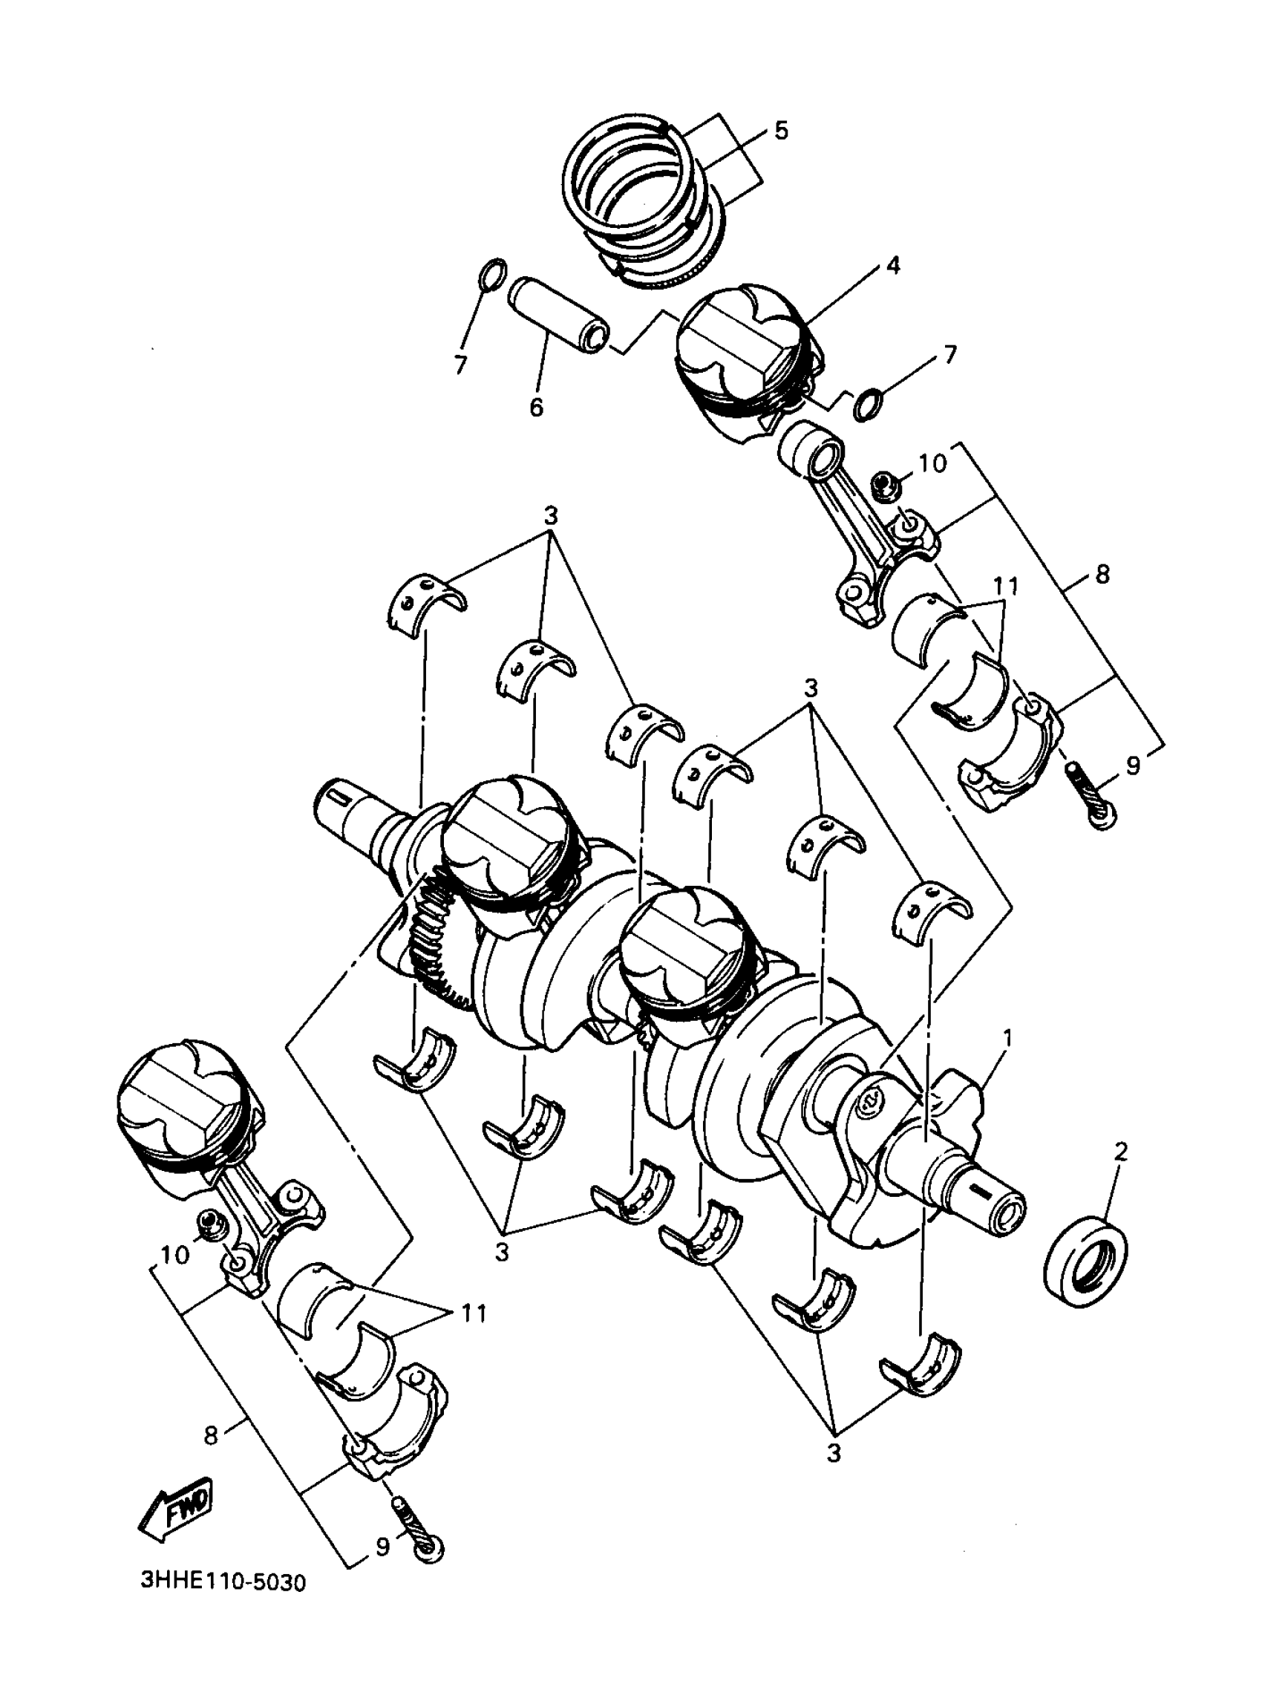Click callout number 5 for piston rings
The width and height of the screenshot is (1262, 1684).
point(782,130)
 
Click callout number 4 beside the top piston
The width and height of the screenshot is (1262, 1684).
point(892,266)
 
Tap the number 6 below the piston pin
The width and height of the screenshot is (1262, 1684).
point(537,408)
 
